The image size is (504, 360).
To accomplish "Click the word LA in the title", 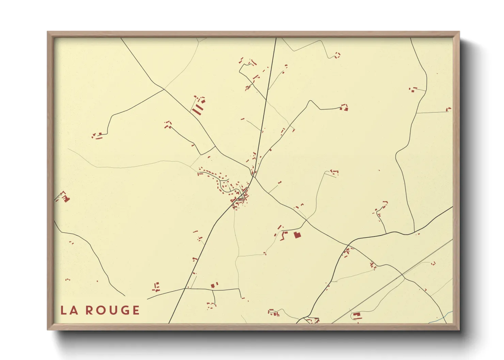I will click(69, 310).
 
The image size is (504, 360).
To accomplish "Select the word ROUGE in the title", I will click(112, 310).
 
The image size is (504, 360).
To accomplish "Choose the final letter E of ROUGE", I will click(136, 310).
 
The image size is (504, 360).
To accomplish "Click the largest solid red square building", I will click(297, 234).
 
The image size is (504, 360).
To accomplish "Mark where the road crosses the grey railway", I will click(402, 275).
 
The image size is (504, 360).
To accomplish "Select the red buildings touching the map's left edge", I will click(63, 197).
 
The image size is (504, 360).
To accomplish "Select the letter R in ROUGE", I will click(89, 310).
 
